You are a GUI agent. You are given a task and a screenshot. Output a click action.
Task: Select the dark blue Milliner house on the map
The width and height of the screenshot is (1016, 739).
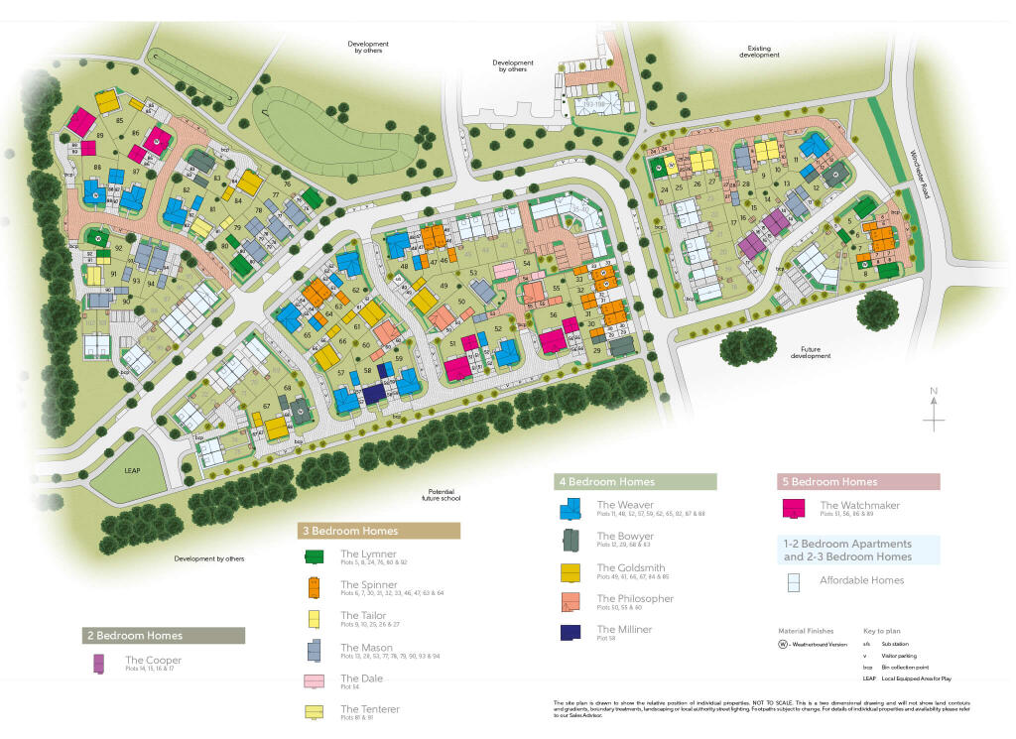pyautogui.click(x=374, y=394)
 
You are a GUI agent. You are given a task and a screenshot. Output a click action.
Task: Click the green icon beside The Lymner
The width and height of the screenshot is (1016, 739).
pyautogui.click(x=314, y=556)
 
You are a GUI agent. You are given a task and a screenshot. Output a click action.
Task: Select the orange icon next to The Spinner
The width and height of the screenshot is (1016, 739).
pyautogui.click(x=314, y=587)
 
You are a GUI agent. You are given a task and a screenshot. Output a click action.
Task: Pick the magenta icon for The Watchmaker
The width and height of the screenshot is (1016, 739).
pyautogui.click(x=795, y=508)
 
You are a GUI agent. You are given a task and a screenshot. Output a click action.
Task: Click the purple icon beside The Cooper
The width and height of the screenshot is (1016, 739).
pyautogui.click(x=98, y=664)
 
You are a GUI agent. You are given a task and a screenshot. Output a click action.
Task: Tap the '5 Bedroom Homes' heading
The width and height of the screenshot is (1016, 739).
pyautogui.click(x=831, y=482)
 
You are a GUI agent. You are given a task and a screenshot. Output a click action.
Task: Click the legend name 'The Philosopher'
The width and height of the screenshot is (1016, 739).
pyautogui.click(x=635, y=599)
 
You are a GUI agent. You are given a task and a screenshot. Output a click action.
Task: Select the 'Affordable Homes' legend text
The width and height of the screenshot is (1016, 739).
pyautogui.click(x=861, y=580)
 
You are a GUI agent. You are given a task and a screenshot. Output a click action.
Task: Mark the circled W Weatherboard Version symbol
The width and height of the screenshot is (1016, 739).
pyautogui.click(x=784, y=644)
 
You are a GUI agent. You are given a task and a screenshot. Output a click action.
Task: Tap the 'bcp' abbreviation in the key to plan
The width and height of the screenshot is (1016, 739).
pyautogui.click(x=868, y=667)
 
